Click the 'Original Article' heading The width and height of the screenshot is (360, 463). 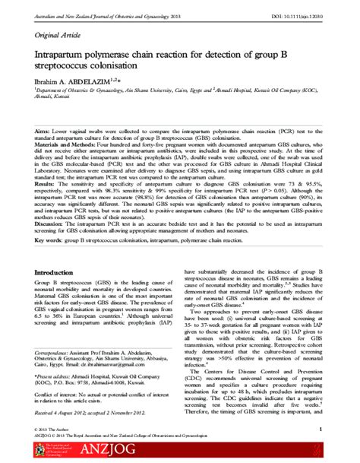tap(58, 35)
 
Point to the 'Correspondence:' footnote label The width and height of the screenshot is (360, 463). tap(55, 353)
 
